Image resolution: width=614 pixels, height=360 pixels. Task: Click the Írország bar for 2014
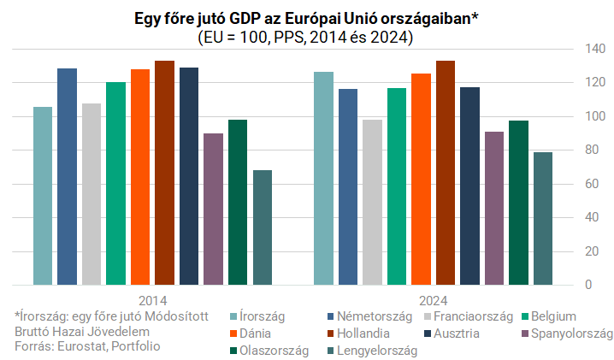click(x=43, y=196)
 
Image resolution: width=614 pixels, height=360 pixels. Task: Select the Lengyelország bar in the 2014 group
click(x=263, y=227)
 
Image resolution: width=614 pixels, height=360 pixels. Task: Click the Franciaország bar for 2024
click(x=372, y=202)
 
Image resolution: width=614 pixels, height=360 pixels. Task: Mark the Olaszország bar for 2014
click(x=238, y=202)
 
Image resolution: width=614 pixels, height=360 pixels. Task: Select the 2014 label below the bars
click(x=152, y=301)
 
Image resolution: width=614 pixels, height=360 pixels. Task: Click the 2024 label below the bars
click(x=434, y=301)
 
